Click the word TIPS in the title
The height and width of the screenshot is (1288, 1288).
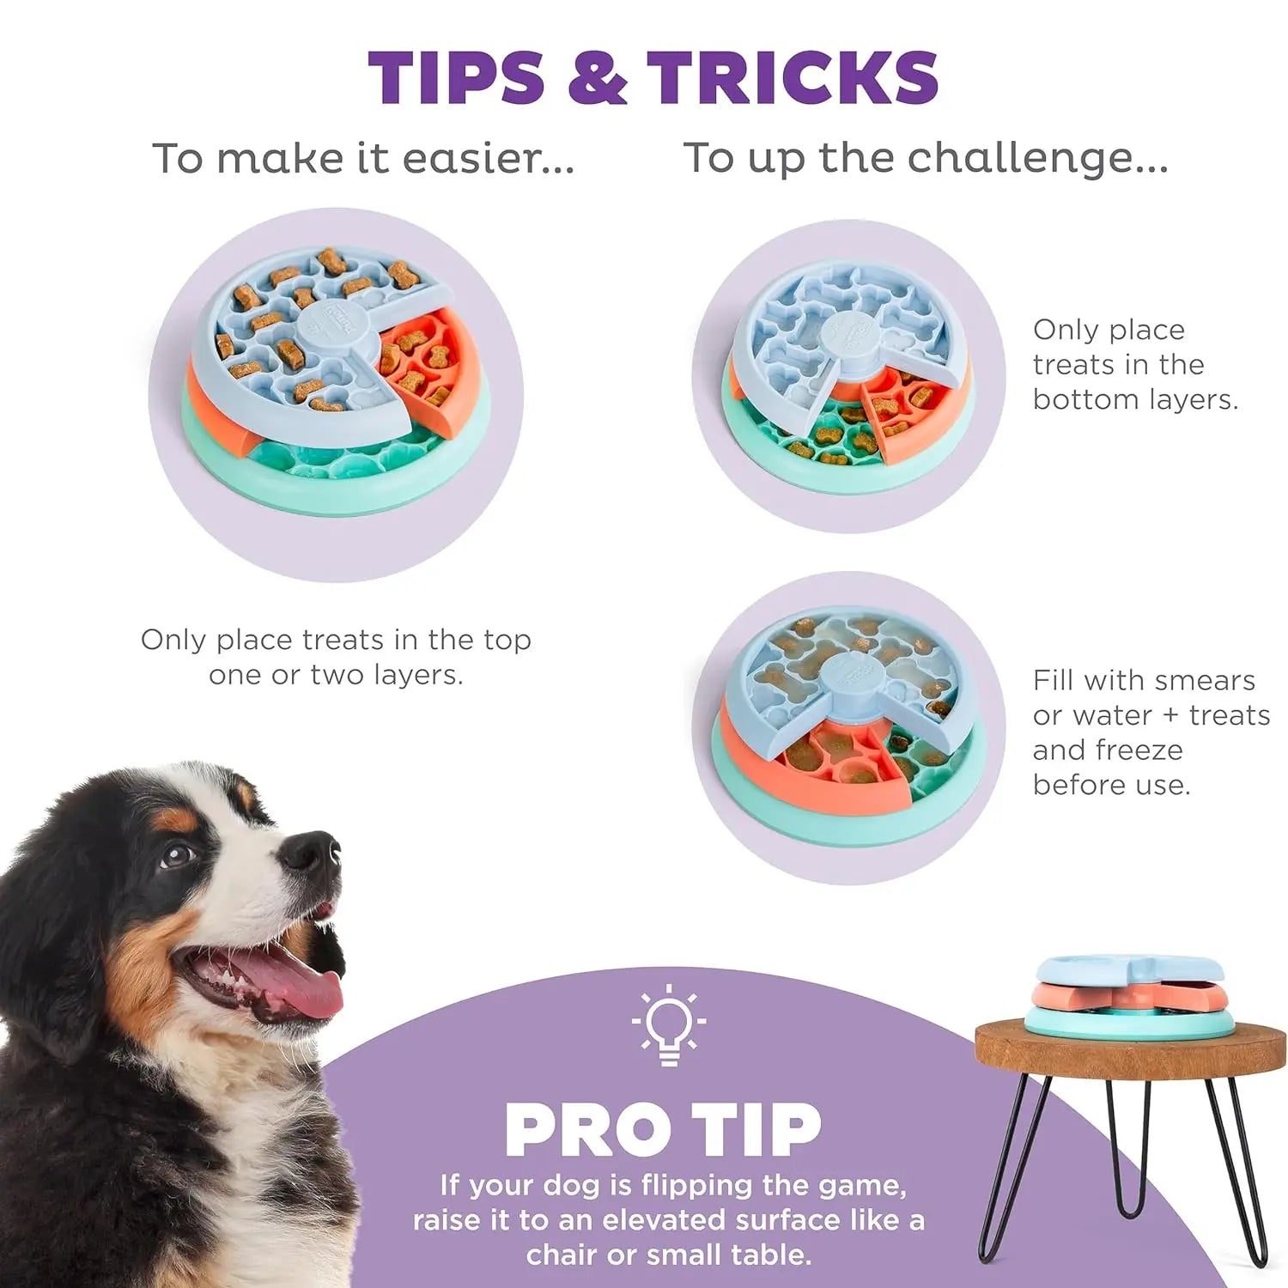(456, 77)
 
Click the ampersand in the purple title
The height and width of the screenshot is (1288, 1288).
(598, 77)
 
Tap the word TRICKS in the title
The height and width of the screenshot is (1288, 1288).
(793, 77)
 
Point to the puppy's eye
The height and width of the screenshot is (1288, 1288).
(178, 854)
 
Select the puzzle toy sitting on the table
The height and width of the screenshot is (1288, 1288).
(1130, 996)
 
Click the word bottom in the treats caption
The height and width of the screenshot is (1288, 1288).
(1085, 400)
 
